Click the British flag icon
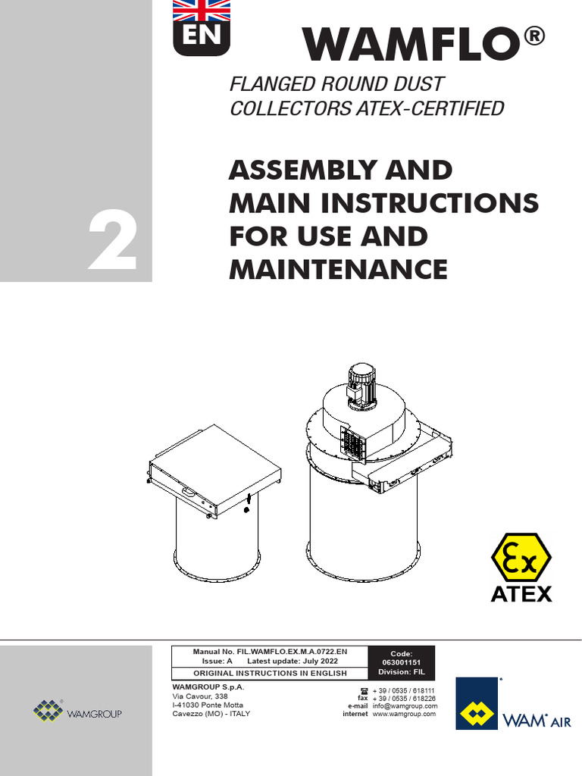click(x=202, y=10)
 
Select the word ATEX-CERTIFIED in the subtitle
click(x=430, y=108)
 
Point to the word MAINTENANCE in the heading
click(x=338, y=268)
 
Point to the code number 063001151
click(x=401, y=662)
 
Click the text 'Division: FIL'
click(x=401, y=672)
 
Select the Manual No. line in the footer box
click(x=270, y=651)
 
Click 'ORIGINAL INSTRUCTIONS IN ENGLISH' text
click(x=270, y=673)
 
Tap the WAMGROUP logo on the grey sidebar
click(x=77, y=713)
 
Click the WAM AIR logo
click(x=513, y=704)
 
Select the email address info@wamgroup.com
click(x=405, y=706)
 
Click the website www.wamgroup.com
click(x=405, y=714)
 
